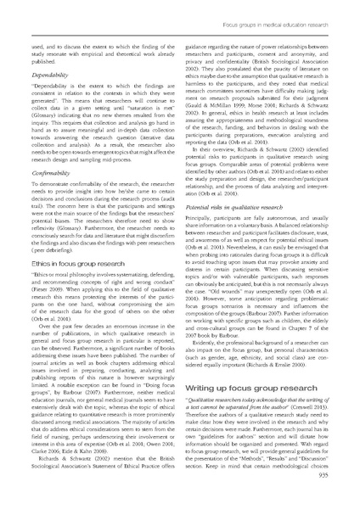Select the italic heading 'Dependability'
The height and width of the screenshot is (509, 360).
(x=52, y=76)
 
